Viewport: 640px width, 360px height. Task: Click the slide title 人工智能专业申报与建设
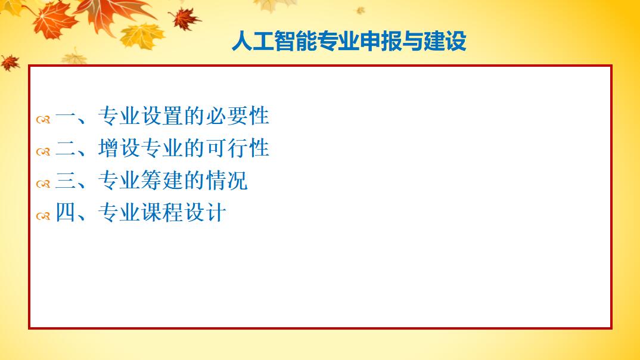349,41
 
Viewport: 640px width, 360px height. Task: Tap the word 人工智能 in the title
274,41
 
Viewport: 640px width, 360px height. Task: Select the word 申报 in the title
381,41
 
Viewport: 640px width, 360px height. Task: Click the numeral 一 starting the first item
66,117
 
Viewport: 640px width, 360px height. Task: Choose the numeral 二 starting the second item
66,148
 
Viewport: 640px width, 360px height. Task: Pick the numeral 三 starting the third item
66,181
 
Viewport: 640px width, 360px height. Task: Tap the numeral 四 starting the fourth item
66,212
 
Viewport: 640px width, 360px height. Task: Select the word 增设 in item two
119,148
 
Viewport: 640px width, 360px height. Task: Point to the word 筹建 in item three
163,180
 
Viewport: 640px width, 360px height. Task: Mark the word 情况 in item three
227,180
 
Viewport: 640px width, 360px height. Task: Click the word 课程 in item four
163,212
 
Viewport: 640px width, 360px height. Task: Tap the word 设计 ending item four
206,212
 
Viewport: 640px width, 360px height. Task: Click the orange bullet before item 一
44,120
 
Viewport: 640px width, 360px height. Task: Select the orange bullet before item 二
44,152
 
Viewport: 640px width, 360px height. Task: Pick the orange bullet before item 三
44,184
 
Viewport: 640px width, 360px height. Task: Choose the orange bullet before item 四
44,216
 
